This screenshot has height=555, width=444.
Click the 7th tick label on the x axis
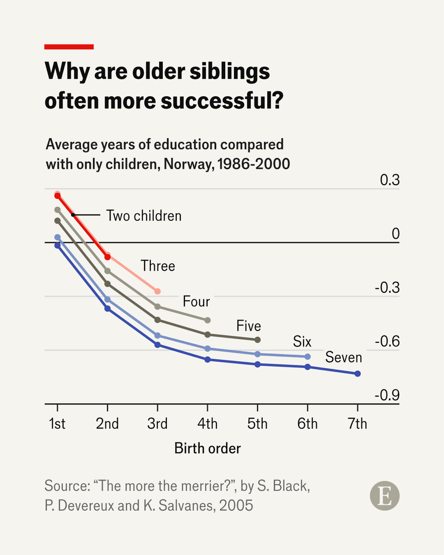pyautogui.click(x=357, y=423)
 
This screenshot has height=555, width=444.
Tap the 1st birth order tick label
pyautogui.click(x=57, y=423)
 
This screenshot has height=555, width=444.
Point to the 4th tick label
pyautogui.click(x=207, y=423)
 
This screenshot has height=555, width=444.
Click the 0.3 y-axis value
pyautogui.click(x=389, y=180)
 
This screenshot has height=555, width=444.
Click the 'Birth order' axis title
pyautogui.click(x=208, y=448)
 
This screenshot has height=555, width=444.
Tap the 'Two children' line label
pyautogui.click(x=144, y=216)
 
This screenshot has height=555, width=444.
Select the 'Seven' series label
pyautogui.click(x=344, y=357)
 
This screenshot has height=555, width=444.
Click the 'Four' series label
pyautogui.click(x=197, y=302)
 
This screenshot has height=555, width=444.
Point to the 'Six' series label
pyautogui.click(x=302, y=342)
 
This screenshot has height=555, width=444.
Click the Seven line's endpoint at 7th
pyautogui.click(x=358, y=373)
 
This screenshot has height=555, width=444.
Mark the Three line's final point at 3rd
pyautogui.click(x=157, y=291)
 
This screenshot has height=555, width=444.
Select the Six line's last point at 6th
pyautogui.click(x=308, y=357)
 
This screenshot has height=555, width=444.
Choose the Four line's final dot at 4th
pyautogui.click(x=208, y=320)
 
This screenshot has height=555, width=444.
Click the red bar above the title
pyautogui.click(x=69, y=46)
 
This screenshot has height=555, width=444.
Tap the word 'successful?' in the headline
pyautogui.click(x=222, y=101)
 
